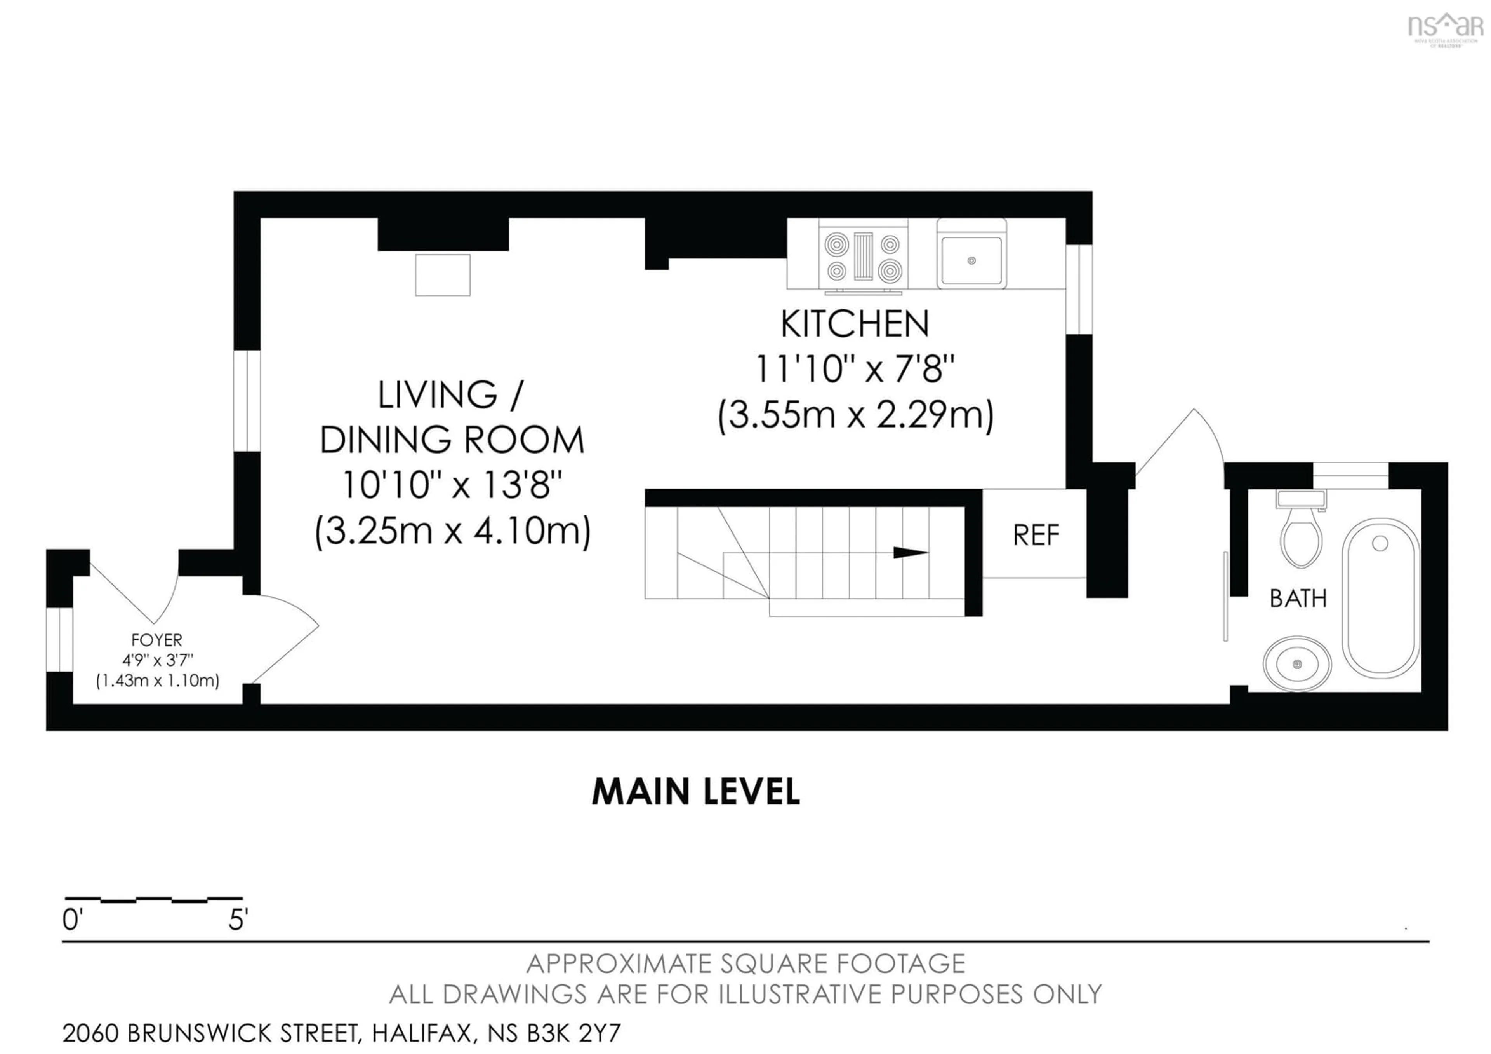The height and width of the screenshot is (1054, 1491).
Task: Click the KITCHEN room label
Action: (855, 324)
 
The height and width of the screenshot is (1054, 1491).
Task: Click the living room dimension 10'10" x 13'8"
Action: (451, 485)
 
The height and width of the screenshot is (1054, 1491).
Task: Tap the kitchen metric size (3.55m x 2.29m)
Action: (855, 415)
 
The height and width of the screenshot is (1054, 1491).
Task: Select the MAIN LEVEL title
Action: (695, 792)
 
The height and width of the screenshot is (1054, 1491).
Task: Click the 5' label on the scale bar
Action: (238, 920)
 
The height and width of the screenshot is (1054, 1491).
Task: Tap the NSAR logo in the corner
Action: (1444, 27)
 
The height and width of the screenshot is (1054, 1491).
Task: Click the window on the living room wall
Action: (247, 401)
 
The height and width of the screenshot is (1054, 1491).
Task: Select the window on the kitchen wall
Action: (1079, 289)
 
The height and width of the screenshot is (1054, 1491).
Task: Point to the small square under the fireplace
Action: (442, 275)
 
